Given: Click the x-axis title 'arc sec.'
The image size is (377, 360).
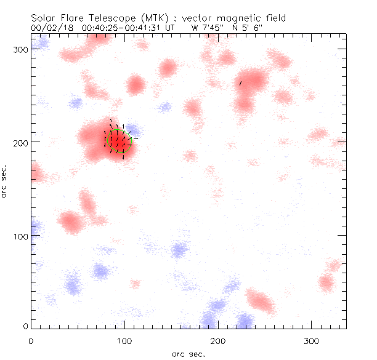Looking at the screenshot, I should [x=188, y=354].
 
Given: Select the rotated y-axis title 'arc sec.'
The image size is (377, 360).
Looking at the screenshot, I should [x=4, y=182].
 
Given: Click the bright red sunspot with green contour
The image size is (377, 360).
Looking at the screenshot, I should [x=118, y=140].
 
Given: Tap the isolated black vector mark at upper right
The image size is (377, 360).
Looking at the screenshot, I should [x=240, y=82].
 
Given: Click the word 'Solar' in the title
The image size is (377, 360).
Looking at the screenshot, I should [x=44, y=18].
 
